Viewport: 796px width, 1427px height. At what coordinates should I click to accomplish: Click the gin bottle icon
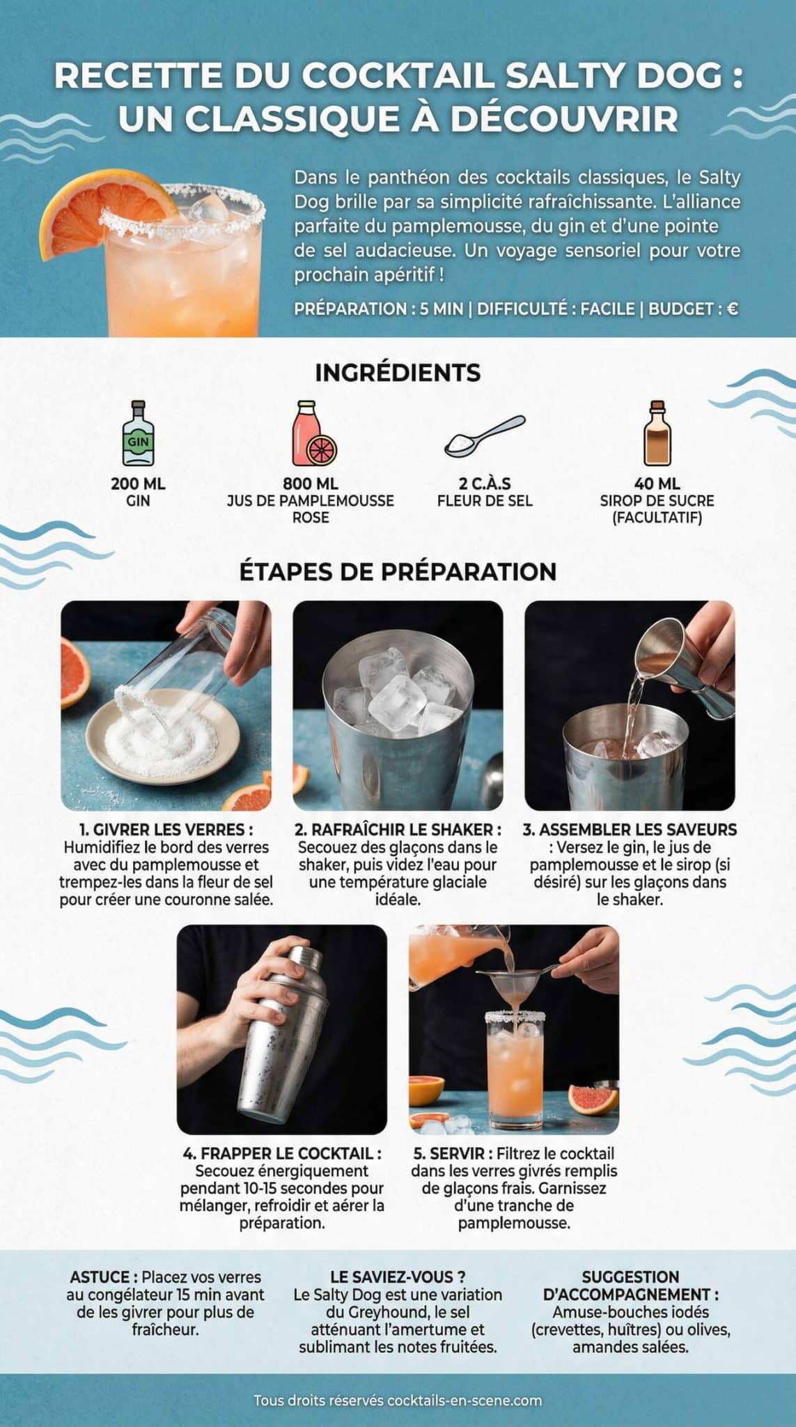coord(138,435)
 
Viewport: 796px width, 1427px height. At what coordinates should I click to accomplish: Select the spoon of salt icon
coord(485,436)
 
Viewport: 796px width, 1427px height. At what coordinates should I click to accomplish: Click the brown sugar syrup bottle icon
coord(657,433)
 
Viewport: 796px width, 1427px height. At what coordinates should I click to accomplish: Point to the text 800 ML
coord(311,484)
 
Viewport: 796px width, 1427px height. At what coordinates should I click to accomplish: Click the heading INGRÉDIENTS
coord(398,373)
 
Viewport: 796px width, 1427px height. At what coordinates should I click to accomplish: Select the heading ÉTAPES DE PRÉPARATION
coord(398,571)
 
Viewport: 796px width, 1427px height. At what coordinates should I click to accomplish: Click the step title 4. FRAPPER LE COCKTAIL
coord(281,1154)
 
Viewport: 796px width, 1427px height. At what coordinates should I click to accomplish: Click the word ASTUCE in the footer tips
coord(100,1278)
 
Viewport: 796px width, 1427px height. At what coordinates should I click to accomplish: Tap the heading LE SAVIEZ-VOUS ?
coord(398,1277)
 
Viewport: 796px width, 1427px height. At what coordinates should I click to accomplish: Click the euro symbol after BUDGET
coord(732,309)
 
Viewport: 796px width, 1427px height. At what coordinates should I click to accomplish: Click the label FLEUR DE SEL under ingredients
coord(485,500)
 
